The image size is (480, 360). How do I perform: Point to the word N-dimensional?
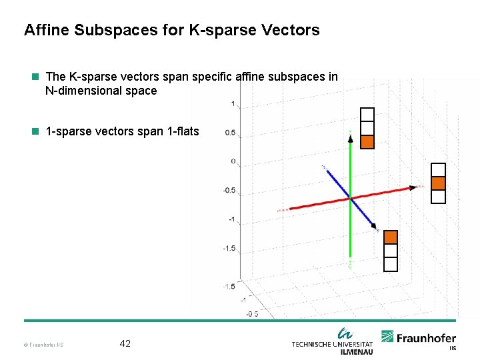click(83, 91)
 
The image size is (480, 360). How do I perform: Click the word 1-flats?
click(181, 131)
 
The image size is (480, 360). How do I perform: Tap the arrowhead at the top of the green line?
click(350, 138)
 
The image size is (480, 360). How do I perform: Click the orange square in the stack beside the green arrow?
click(367, 141)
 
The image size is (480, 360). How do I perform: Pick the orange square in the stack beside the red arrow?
click(438, 183)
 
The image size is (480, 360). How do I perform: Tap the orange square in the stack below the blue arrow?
click(391, 237)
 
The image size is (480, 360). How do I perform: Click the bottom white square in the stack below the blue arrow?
click(391, 265)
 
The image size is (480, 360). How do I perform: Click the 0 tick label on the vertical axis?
click(233, 161)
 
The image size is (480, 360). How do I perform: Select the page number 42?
click(125, 344)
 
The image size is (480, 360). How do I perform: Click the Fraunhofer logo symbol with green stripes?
click(387, 337)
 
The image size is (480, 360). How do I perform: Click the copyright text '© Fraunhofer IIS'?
click(43, 345)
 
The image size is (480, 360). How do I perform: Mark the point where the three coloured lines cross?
click(350, 197)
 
